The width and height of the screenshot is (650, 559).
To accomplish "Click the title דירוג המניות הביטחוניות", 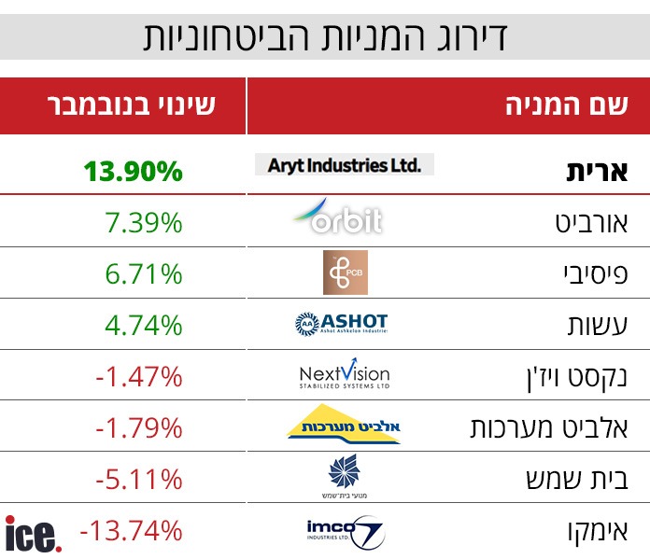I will coord(325,36).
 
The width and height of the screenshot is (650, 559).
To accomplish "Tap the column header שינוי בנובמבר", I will coord(132,105).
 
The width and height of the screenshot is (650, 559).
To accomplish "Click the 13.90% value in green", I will coord(133,171).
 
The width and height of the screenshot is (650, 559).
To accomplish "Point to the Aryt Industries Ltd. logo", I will coord(344,165).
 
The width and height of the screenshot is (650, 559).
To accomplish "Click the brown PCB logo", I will coord(345,273).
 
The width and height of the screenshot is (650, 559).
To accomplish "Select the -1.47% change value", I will coord(138,376).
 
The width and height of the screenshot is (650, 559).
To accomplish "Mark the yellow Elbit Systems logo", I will coord(343,425).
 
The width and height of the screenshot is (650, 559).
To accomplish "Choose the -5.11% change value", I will coord(138,479).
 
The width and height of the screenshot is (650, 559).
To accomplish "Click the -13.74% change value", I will coord(131,530).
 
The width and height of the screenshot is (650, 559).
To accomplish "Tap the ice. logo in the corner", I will coord(34,534).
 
